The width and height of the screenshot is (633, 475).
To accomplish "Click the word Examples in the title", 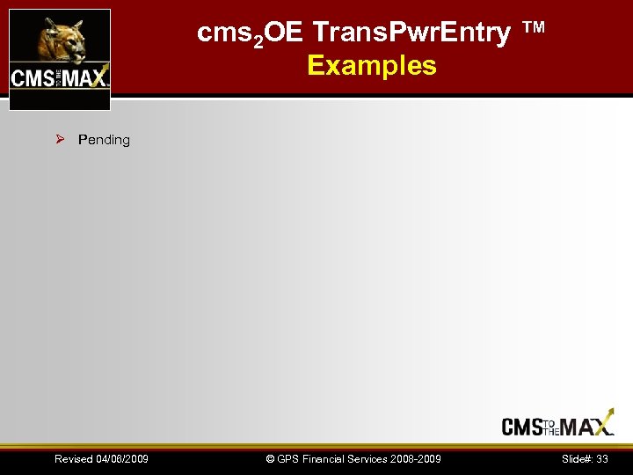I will click(372, 65).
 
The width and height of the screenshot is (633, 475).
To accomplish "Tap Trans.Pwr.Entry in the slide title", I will click(411, 33).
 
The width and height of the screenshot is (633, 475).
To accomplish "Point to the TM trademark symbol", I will click(534, 28).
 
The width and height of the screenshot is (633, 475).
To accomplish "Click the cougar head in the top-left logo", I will click(61, 39).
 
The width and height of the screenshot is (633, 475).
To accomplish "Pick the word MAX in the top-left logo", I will click(85, 77).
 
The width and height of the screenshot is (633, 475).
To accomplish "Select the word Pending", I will click(104, 140).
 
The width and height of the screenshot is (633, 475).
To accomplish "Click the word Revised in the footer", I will click(73, 459).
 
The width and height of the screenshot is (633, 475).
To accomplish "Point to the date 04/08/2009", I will click(121, 459).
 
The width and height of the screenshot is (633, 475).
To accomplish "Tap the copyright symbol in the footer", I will click(271, 459).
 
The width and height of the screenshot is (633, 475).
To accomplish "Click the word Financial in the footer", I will click(326, 459).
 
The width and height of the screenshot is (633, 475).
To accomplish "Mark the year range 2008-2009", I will click(418, 459).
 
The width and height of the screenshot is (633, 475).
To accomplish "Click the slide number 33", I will click(602, 459).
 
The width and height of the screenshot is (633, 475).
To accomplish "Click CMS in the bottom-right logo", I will click(521, 426).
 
